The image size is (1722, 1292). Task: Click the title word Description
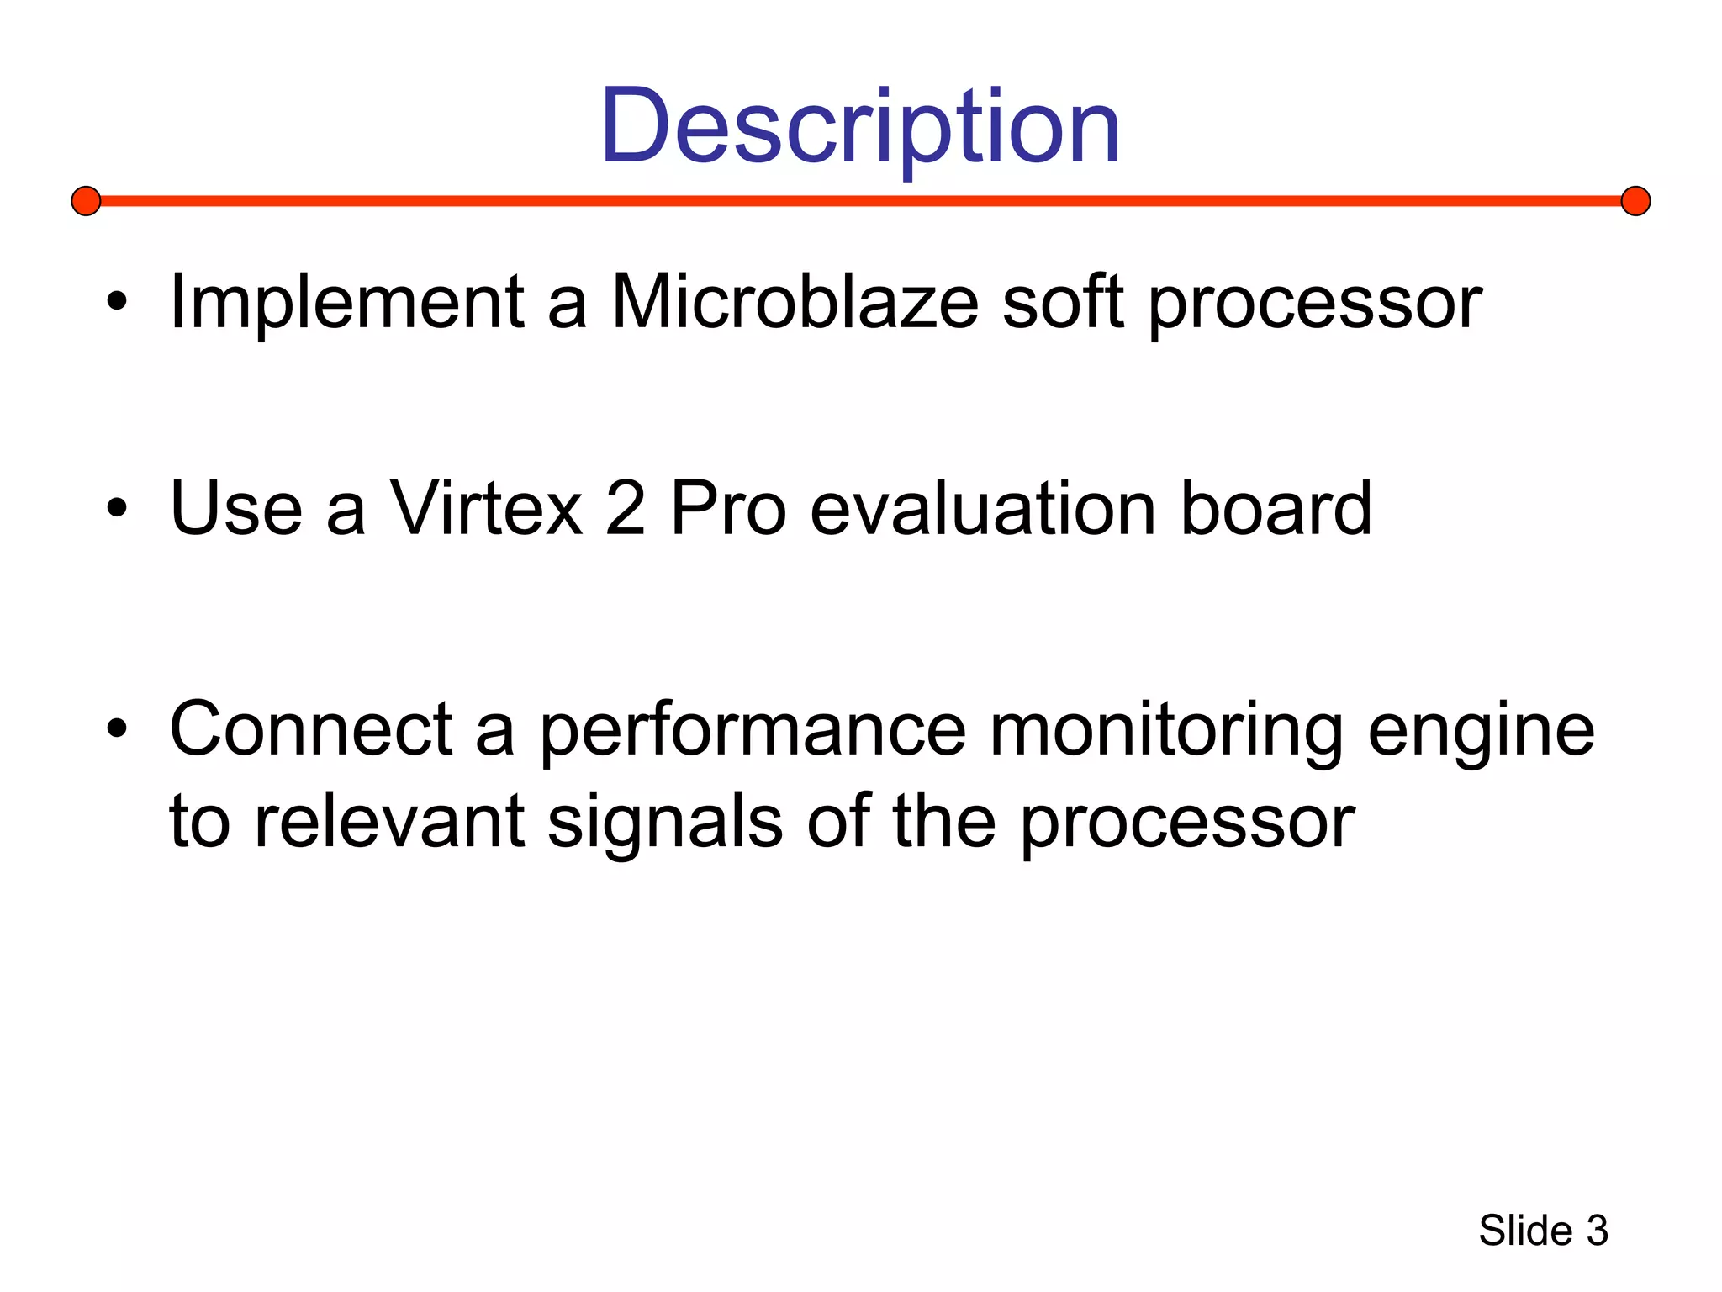[x=860, y=128]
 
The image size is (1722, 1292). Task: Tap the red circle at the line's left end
[x=86, y=201]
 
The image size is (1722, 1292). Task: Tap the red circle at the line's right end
[x=1635, y=201]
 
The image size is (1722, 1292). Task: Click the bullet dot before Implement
[x=117, y=302]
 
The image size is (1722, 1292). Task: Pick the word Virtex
[x=486, y=509]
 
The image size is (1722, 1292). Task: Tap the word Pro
[x=728, y=509]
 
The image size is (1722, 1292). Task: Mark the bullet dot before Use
[x=117, y=508]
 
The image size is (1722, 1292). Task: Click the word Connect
[x=310, y=729]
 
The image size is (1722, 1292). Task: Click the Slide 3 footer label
[x=1543, y=1231]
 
